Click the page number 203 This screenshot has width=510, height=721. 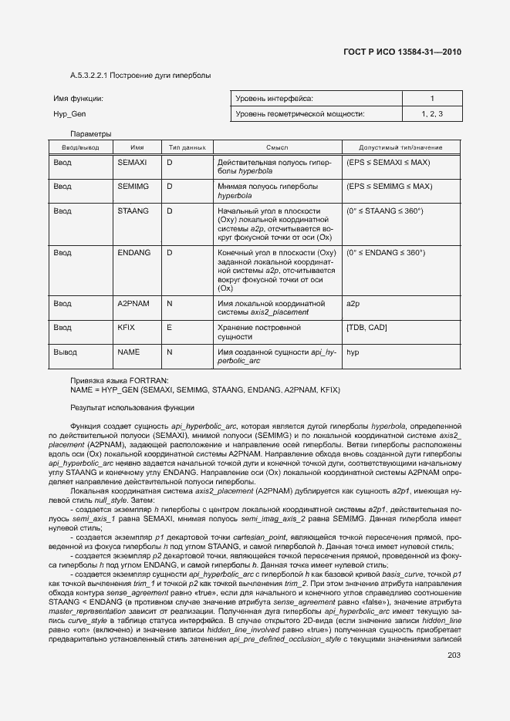[x=453, y=655]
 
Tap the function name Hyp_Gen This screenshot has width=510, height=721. [x=69, y=114]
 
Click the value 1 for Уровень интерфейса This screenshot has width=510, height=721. [x=432, y=99]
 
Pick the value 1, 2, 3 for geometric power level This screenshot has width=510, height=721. [x=432, y=114]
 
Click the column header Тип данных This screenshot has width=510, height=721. [x=186, y=147]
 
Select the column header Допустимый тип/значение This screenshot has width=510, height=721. [x=400, y=147]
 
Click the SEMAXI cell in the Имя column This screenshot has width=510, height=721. [x=132, y=163]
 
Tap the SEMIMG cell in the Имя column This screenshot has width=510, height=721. [x=133, y=187]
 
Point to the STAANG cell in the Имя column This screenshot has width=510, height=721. [x=133, y=211]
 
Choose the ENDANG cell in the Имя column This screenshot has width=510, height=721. [x=133, y=253]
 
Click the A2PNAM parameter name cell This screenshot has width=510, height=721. [x=133, y=304]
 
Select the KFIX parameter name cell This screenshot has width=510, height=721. [x=127, y=328]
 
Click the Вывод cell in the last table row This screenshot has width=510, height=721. [x=65, y=352]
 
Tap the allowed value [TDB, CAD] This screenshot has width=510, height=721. [x=367, y=328]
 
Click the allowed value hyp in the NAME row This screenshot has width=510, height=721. [x=354, y=352]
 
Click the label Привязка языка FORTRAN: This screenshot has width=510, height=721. [x=113, y=380]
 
